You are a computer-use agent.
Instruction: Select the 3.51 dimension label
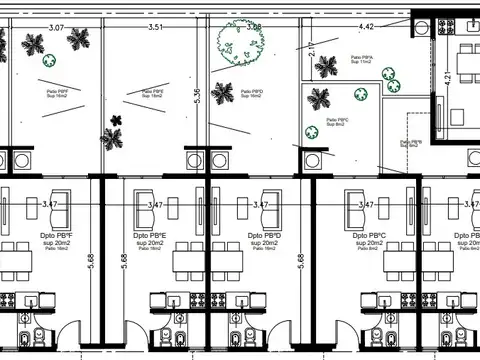(155, 28)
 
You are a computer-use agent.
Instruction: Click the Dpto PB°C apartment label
(368, 237)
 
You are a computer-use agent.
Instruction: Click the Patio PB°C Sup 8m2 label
(336, 121)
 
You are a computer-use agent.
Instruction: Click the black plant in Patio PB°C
(320, 98)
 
